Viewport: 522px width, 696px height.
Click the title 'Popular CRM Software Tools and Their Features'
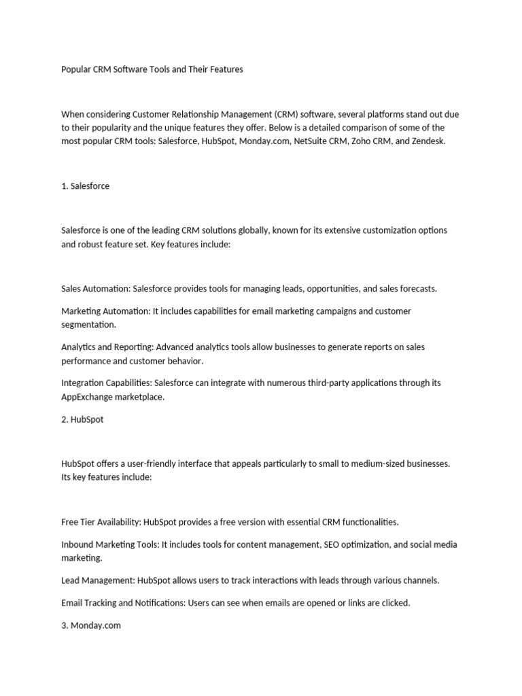(152, 69)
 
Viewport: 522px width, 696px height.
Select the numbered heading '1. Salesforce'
(85, 186)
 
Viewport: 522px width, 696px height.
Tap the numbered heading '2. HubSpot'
(82, 419)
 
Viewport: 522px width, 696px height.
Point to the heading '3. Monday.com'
(91, 625)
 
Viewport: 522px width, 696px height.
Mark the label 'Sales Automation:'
(95, 288)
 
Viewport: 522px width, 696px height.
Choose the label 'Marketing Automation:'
(105, 311)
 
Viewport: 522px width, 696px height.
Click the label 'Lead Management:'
(97, 580)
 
